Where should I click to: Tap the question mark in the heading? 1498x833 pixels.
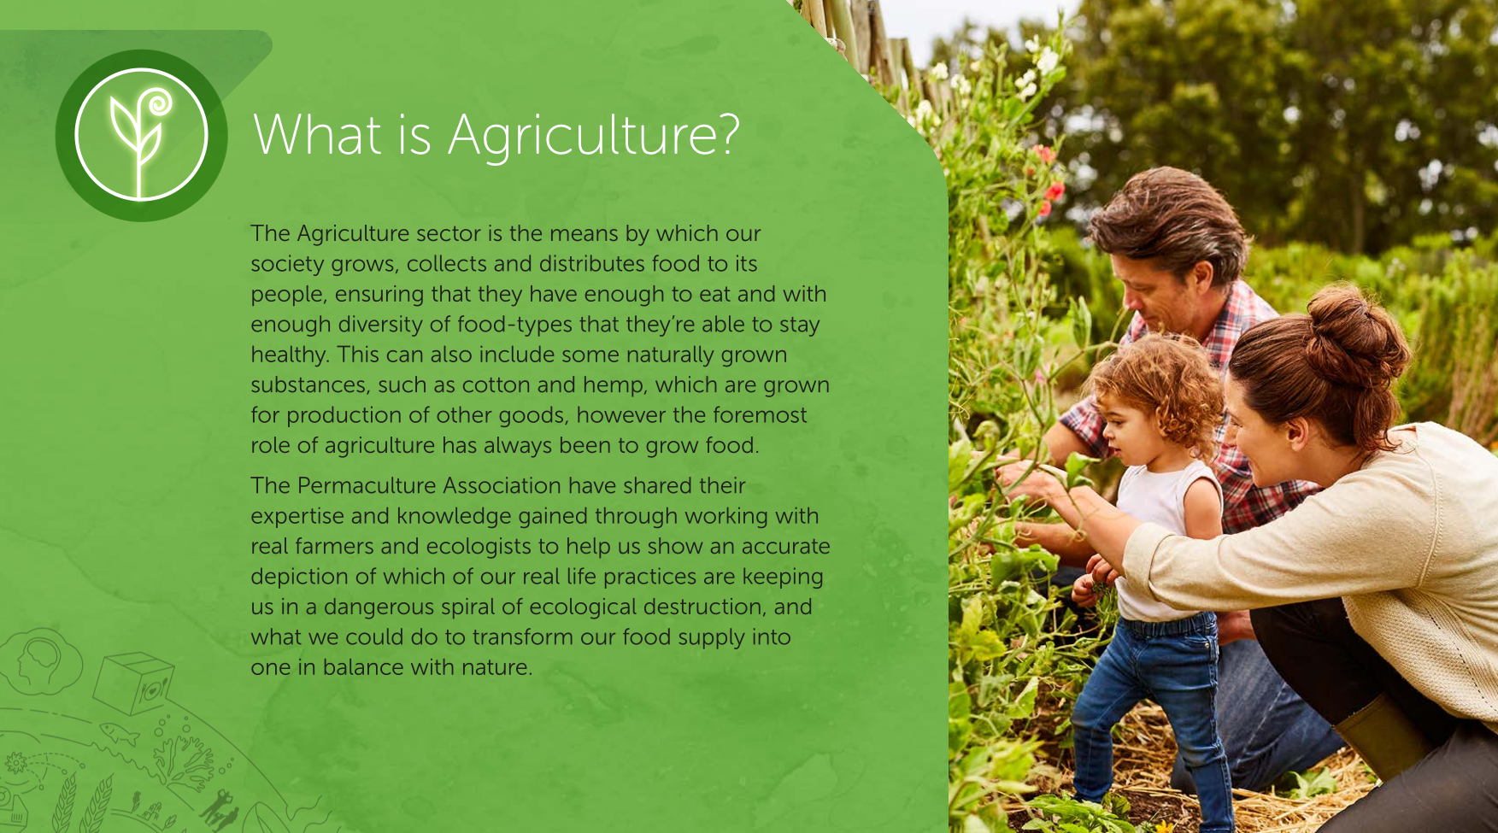tap(727, 134)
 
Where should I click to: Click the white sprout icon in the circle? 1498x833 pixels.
tap(141, 137)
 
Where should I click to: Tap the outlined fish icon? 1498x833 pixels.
tap(120, 733)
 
